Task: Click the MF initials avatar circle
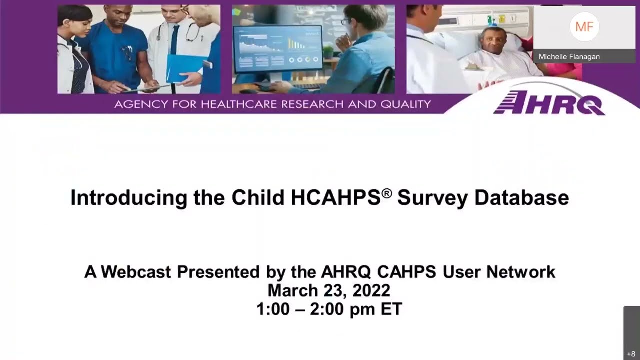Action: coord(584,27)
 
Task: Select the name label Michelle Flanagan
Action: coord(569,57)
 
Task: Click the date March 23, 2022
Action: coord(328,290)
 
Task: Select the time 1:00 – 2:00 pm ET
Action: coord(328,309)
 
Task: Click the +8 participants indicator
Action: coord(631,354)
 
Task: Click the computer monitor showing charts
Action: coord(271,50)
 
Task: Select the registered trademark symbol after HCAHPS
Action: coord(387,192)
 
